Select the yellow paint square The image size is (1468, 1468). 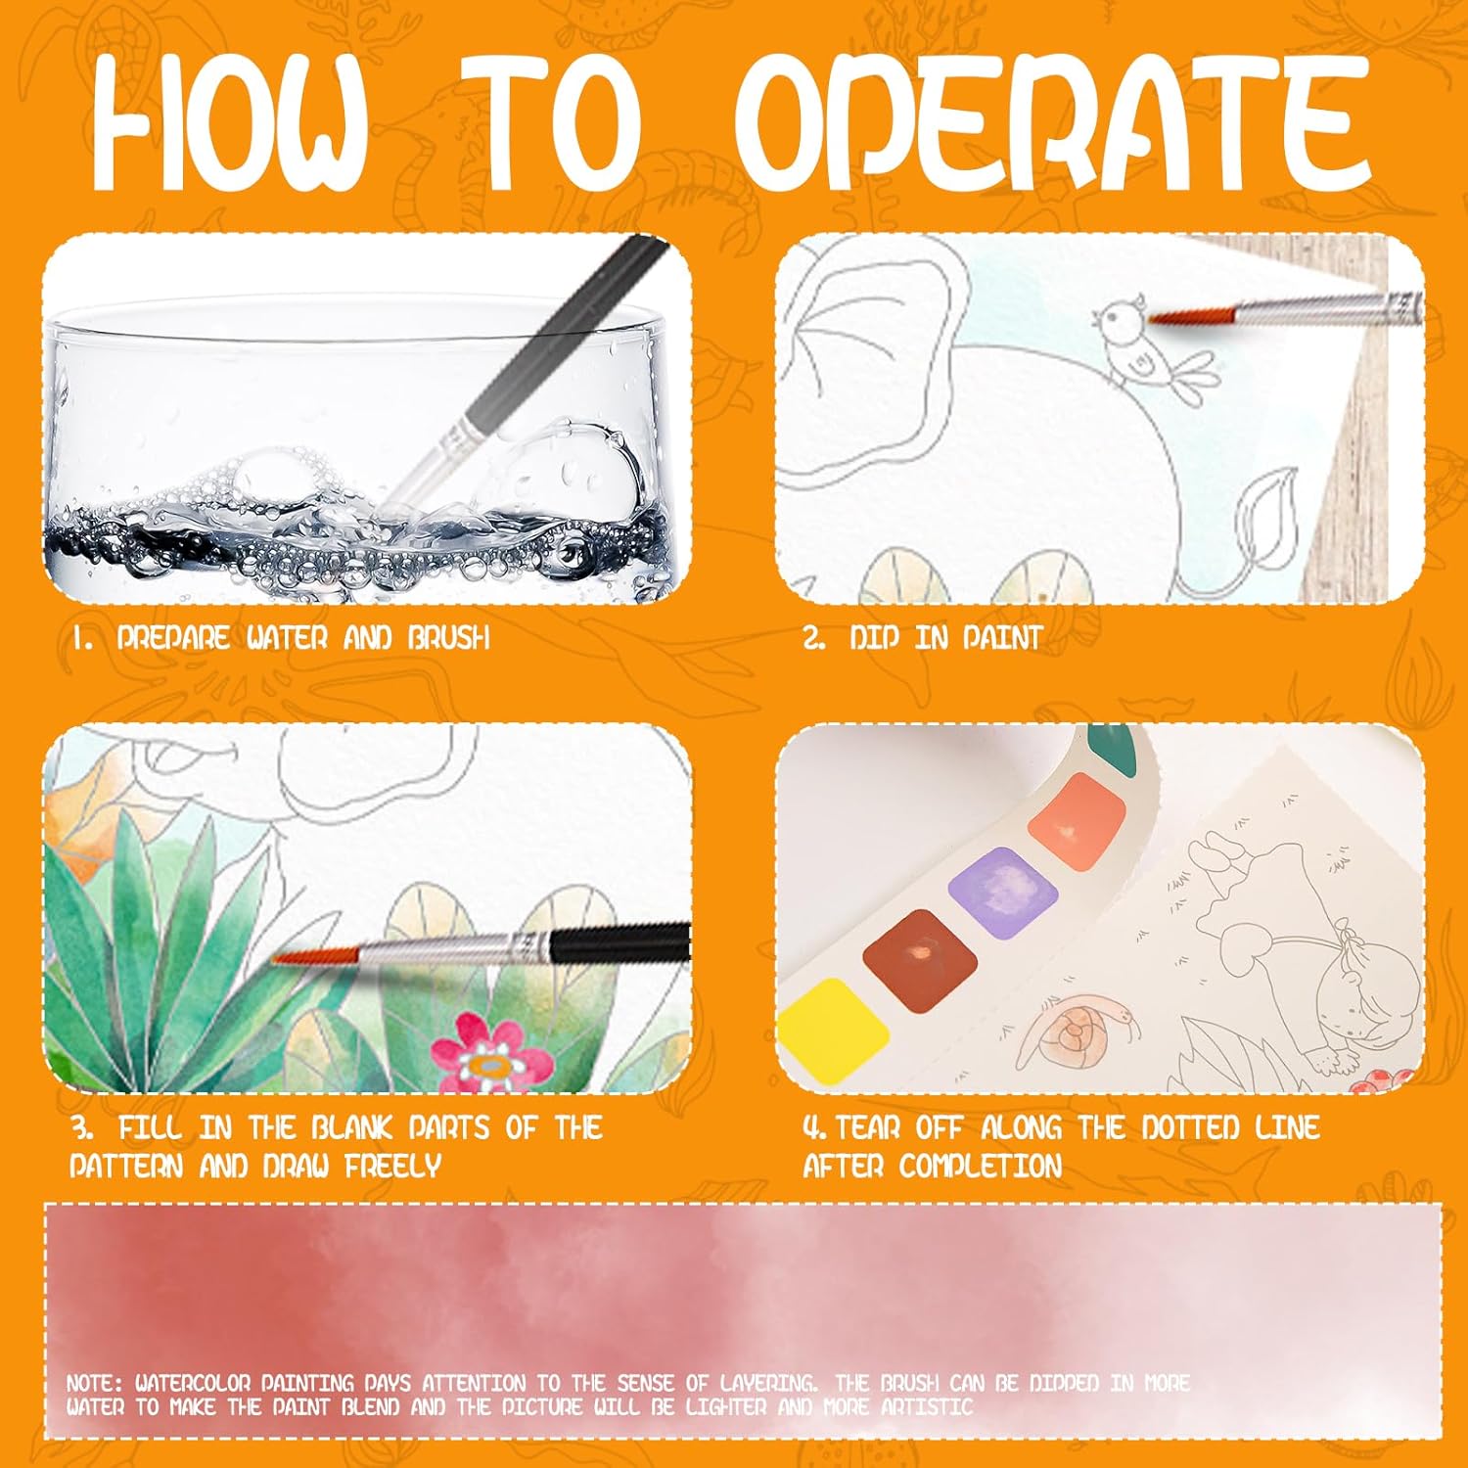pyautogui.click(x=831, y=1031)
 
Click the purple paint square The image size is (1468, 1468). pyautogui.click(x=1004, y=891)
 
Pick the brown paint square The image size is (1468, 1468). pyautogui.click(x=920, y=958)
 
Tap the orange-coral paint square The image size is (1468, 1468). pyautogui.click(x=1078, y=820)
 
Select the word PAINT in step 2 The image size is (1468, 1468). pyautogui.click(x=1002, y=638)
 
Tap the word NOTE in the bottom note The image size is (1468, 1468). pyautogui.click(x=93, y=1383)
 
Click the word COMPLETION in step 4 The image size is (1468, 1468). pyautogui.click(x=981, y=1166)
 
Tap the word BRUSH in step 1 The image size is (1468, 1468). pyautogui.click(x=448, y=638)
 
